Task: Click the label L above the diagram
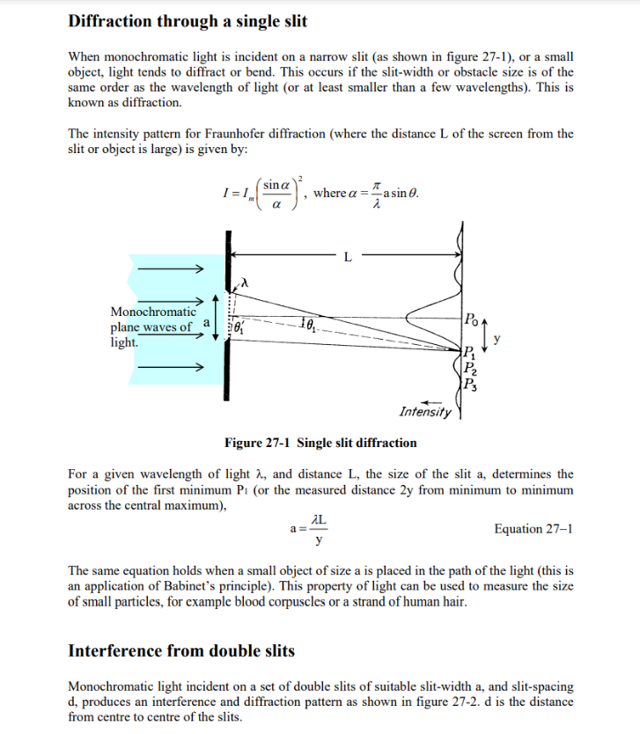(348, 257)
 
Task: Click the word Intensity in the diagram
(425, 411)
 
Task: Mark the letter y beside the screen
(497, 337)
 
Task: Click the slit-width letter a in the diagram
(205, 324)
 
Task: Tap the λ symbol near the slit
(247, 283)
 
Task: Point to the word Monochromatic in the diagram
(153, 312)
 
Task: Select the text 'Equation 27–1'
(533, 528)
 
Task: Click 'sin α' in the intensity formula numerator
(276, 186)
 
